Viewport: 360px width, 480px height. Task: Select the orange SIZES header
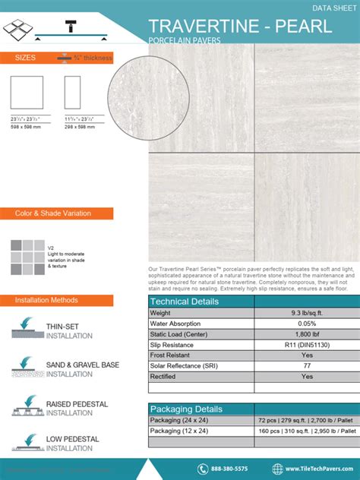point(25,58)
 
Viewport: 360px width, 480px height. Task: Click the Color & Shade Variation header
point(53,213)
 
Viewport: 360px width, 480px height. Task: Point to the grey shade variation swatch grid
point(27,257)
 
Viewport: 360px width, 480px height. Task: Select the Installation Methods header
point(46,300)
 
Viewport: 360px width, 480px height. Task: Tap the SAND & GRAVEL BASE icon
point(28,368)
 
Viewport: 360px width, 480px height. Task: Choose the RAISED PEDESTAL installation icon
point(28,406)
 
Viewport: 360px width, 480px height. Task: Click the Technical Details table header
point(185,302)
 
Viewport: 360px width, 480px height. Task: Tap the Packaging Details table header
point(186,409)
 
